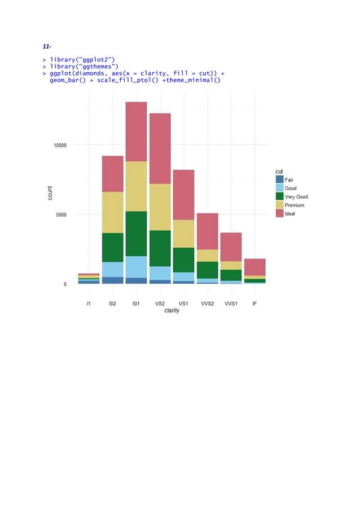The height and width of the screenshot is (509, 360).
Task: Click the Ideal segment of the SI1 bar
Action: coord(136,131)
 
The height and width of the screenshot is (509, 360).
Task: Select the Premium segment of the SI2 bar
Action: coord(112,212)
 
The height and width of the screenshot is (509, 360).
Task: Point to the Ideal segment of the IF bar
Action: coord(254,267)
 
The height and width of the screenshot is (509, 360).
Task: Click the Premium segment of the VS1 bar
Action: coord(184,234)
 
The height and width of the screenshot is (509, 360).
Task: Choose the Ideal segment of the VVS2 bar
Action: coord(208,231)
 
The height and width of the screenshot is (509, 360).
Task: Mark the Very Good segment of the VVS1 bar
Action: coord(231,275)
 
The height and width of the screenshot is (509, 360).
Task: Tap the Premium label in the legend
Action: coord(295,205)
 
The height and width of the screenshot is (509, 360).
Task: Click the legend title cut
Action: coord(279,171)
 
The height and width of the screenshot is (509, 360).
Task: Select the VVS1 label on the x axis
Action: coord(231,303)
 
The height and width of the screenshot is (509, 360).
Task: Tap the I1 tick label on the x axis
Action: coord(89,303)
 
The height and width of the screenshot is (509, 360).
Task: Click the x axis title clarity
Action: coord(172,310)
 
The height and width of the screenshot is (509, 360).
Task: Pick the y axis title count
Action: coord(50,193)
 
